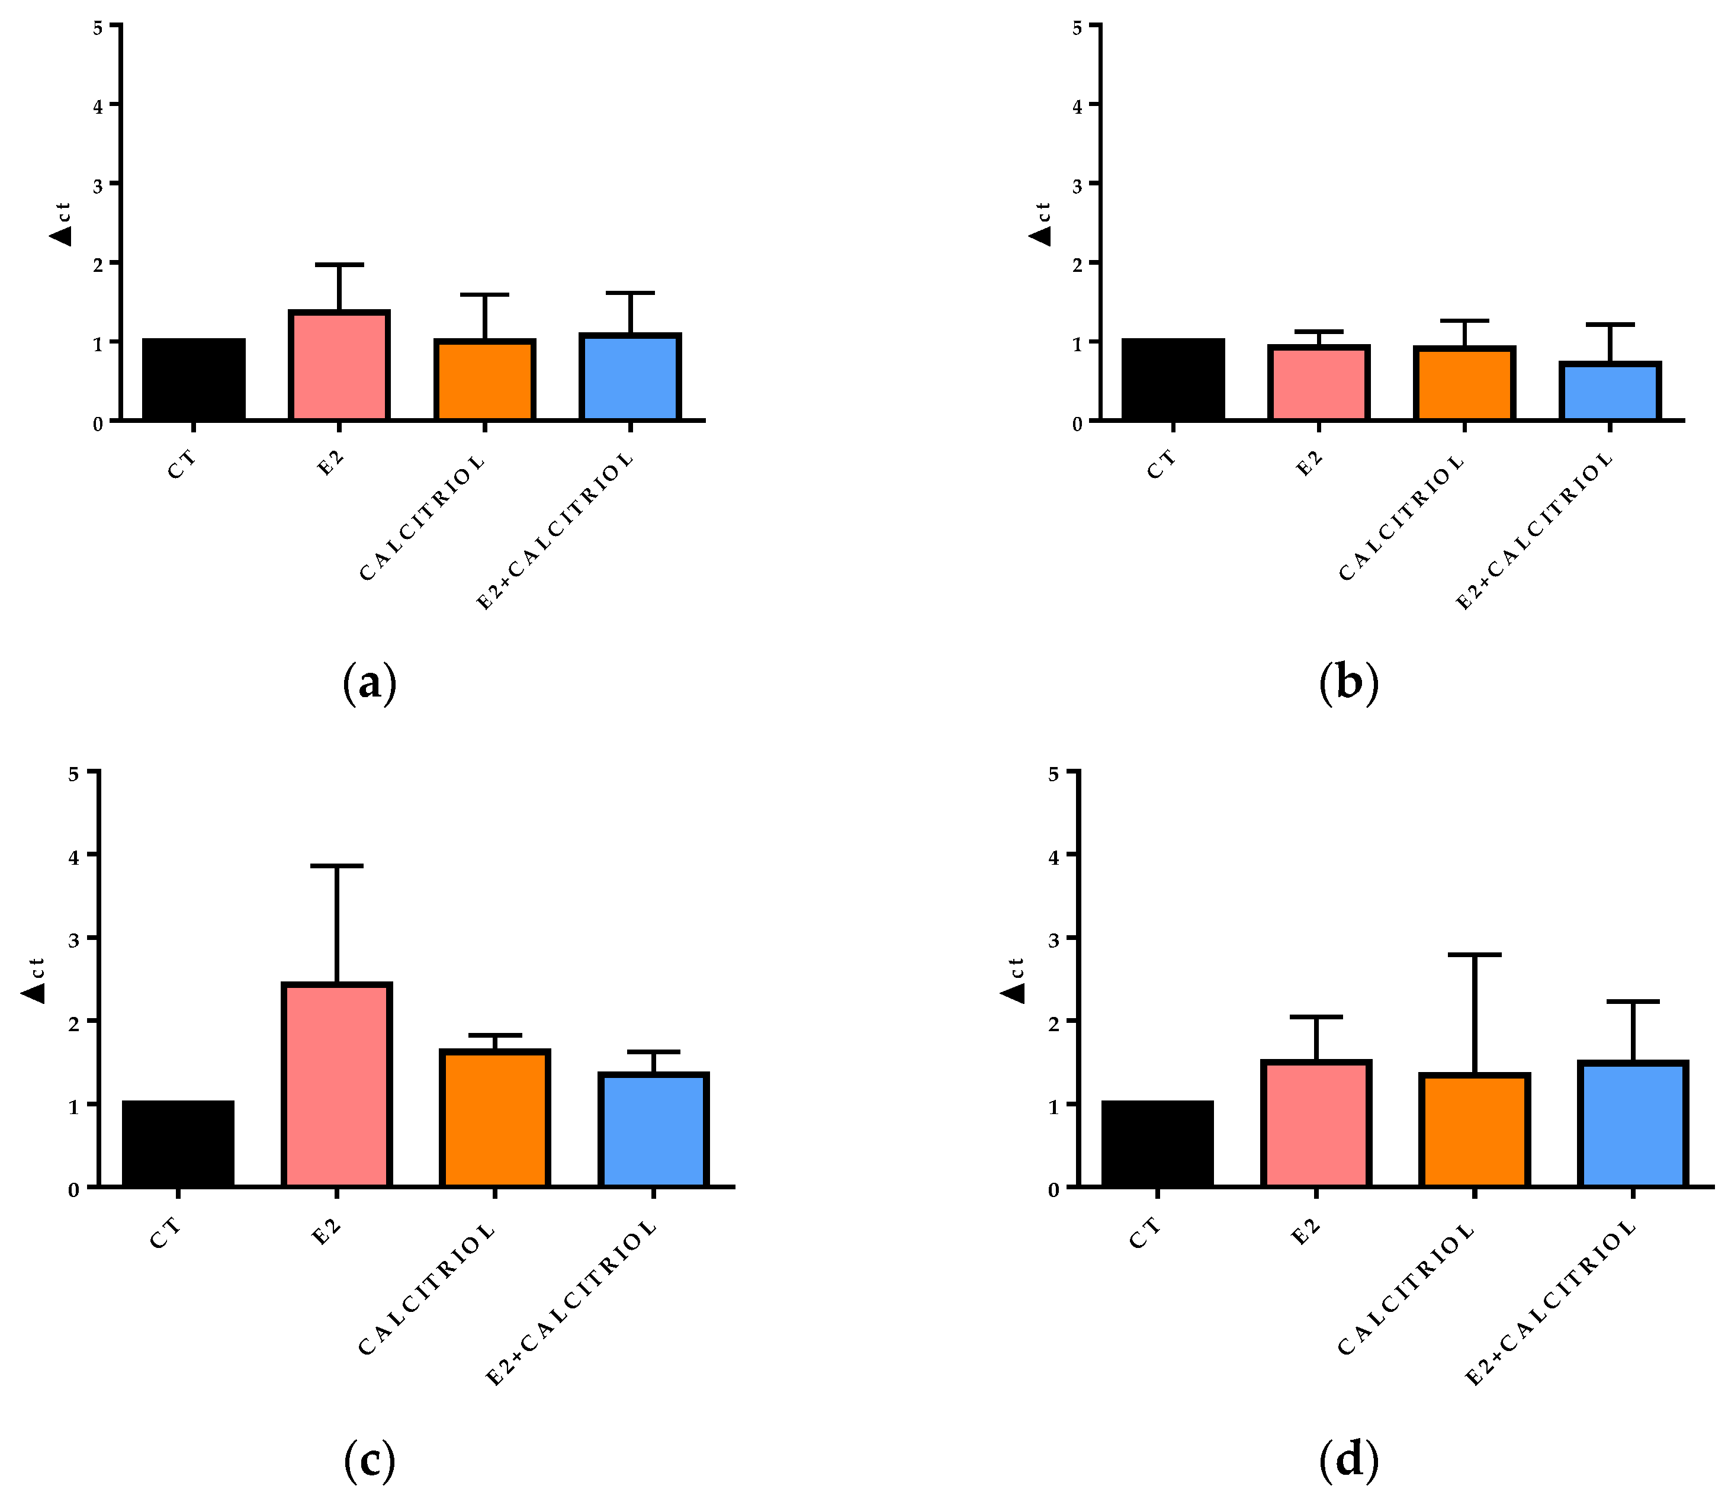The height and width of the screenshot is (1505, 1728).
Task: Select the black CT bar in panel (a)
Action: [194, 379]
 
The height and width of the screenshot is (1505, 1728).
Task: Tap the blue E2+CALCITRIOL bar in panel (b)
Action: [1609, 392]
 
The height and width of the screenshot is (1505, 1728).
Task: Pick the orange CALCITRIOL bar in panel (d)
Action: [1473, 1129]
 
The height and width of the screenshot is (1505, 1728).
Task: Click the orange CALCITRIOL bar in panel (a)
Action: [484, 380]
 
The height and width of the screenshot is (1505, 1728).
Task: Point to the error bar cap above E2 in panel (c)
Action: [337, 865]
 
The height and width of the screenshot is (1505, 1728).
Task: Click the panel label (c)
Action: [370, 1461]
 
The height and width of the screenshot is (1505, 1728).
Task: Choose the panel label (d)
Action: [1348, 1461]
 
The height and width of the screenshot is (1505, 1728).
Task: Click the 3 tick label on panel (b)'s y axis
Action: [1077, 185]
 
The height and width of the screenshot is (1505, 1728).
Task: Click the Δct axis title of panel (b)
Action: [1040, 223]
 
